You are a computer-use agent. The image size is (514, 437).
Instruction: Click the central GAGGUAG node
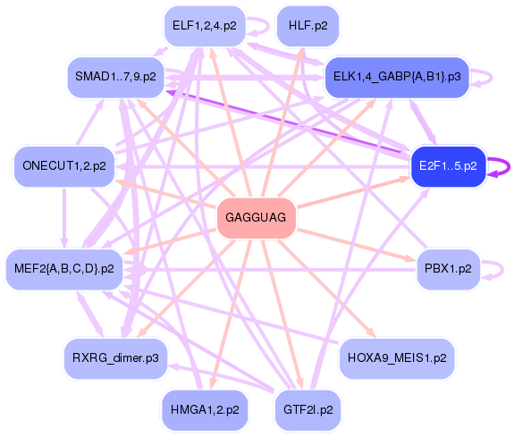[257, 217]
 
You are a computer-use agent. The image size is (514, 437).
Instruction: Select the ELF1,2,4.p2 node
[205, 26]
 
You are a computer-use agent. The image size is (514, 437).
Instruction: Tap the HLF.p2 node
[308, 26]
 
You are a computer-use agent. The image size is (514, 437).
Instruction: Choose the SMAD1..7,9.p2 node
[115, 77]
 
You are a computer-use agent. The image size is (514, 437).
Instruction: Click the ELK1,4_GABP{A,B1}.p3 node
[396, 77]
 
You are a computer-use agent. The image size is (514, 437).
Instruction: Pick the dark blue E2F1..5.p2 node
[448, 165]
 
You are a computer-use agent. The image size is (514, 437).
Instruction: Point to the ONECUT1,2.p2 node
[63, 165]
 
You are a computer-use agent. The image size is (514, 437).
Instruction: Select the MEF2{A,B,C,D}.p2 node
[64, 268]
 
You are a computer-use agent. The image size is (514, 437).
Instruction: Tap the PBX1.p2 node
[448, 268]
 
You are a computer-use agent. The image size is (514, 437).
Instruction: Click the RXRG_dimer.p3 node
[115, 357]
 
